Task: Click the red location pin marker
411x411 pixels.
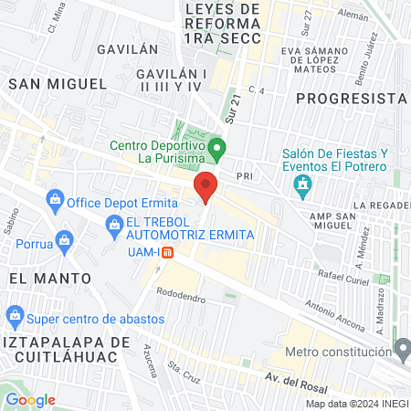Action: pyautogui.click(x=205, y=186)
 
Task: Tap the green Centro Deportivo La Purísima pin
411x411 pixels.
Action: pyautogui.click(x=216, y=147)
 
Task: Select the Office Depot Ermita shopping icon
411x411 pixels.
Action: pyautogui.click(x=55, y=200)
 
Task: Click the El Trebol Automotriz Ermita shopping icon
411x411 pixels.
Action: pyautogui.click(x=114, y=224)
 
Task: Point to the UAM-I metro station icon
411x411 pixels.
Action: pyautogui.click(x=167, y=253)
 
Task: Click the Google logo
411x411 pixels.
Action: pyautogui.click(x=30, y=400)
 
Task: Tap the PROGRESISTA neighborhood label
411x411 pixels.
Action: pyautogui.click(x=352, y=98)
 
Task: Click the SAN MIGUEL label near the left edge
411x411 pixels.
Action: pyautogui.click(x=57, y=83)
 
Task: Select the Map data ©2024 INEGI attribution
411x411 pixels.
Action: pyautogui.click(x=356, y=403)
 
